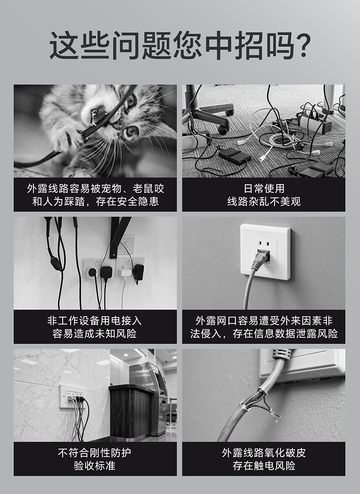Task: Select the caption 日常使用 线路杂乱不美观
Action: click(264, 195)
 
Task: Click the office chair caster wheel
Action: click(223, 129)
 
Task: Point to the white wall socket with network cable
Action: click(265, 252)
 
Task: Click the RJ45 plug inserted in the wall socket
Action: click(261, 260)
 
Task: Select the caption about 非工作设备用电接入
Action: click(94, 327)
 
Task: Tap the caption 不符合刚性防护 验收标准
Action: click(94, 459)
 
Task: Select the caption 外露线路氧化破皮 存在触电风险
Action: click(264, 459)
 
